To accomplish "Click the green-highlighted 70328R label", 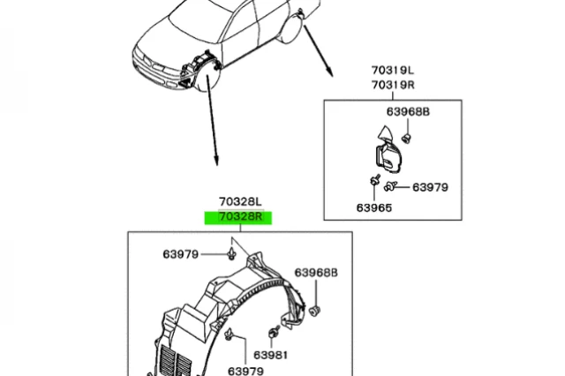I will tap(237, 217).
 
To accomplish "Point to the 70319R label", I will tap(392, 85).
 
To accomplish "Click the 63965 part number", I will tap(374, 207).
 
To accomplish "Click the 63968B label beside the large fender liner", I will tap(316, 273).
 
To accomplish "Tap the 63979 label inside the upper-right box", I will tap(431, 186).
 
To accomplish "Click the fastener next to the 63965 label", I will tap(374, 182).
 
